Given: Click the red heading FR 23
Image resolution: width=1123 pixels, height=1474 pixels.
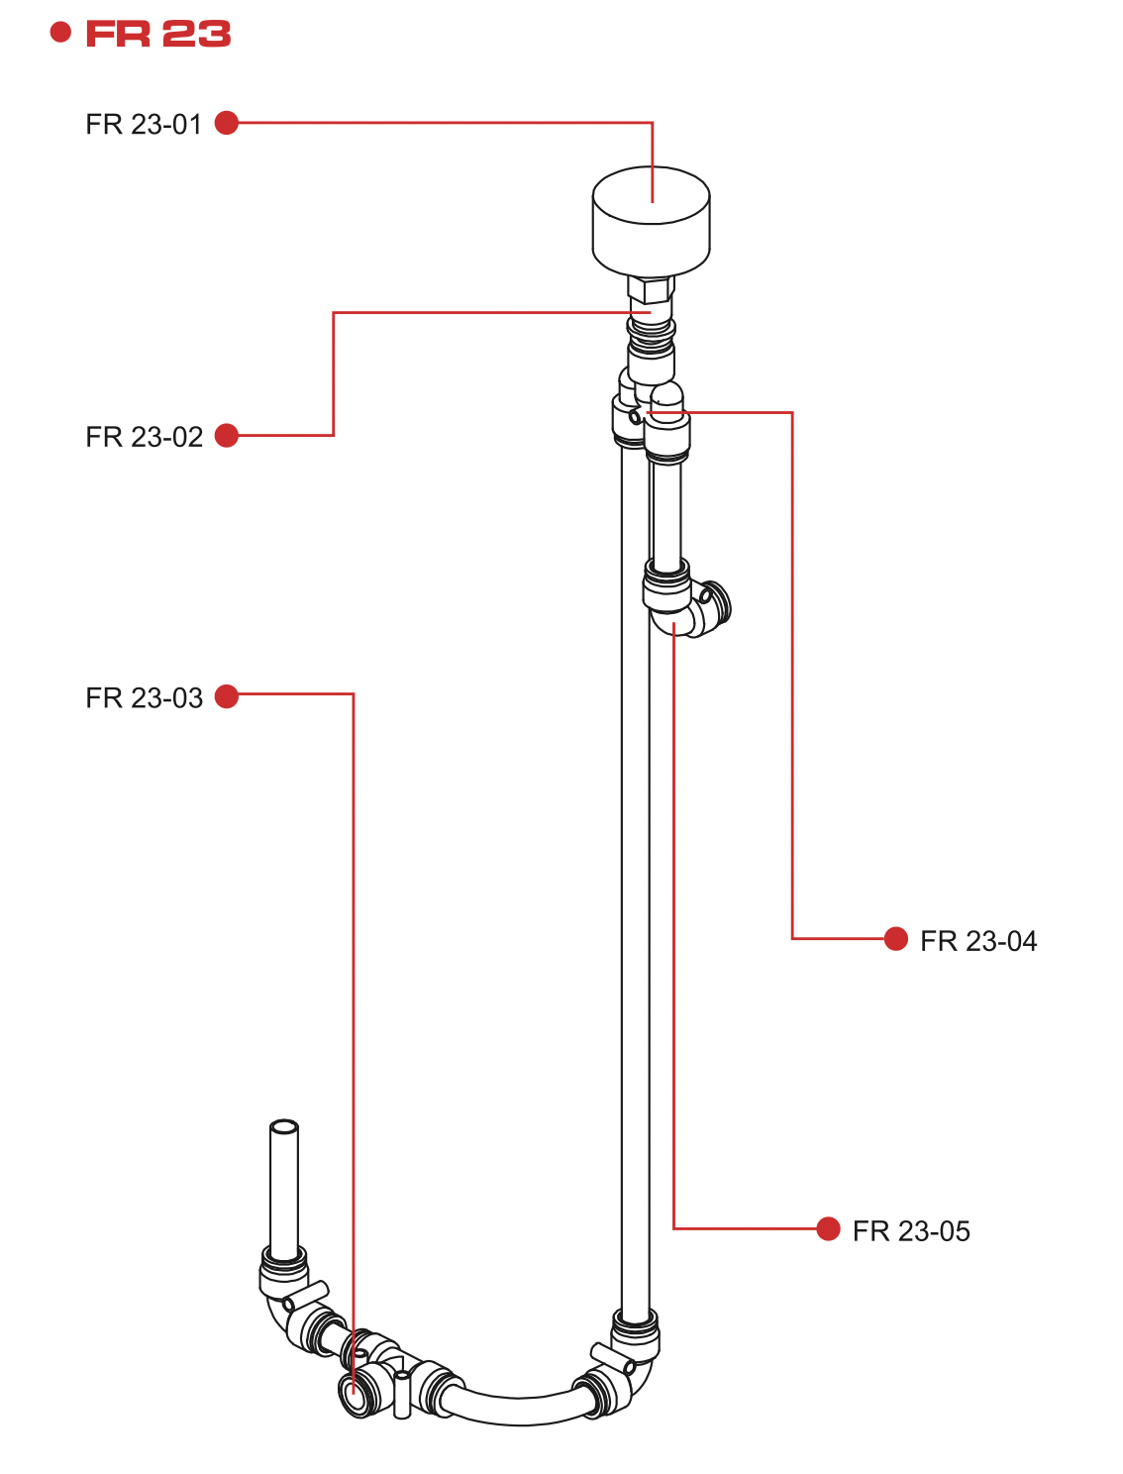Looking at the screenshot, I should pos(158,34).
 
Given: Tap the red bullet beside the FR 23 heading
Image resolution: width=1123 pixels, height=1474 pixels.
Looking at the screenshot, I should pos(60,33).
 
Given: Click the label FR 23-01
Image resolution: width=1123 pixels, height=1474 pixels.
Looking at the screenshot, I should pos(144,125).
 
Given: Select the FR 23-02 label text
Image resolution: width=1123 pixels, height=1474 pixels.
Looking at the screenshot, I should pos(144,437).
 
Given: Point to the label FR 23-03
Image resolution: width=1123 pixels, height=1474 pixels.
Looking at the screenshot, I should pos(144,698).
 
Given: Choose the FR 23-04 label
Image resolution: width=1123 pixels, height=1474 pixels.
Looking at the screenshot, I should pos(978,941).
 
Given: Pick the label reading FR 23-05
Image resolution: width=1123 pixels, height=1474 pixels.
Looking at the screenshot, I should pos(911,1231).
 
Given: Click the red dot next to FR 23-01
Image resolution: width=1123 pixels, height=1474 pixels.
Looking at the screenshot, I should pos(227,123).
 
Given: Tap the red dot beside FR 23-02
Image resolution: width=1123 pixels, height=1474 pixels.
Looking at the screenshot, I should pos(227,435).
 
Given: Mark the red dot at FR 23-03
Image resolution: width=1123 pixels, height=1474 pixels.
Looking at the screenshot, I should pos(227,696).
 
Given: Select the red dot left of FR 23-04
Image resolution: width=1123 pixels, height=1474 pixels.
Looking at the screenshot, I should pos(895,938).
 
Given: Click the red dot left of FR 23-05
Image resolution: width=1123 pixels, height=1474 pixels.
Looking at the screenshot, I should pos(828,1228).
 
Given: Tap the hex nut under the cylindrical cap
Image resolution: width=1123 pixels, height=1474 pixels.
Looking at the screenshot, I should pos(651,289).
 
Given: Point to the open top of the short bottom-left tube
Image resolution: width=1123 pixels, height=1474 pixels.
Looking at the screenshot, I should pos(284,1127).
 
